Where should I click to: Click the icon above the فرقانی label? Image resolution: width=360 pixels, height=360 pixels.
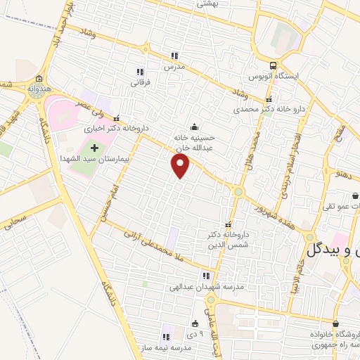(x=139, y=72)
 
